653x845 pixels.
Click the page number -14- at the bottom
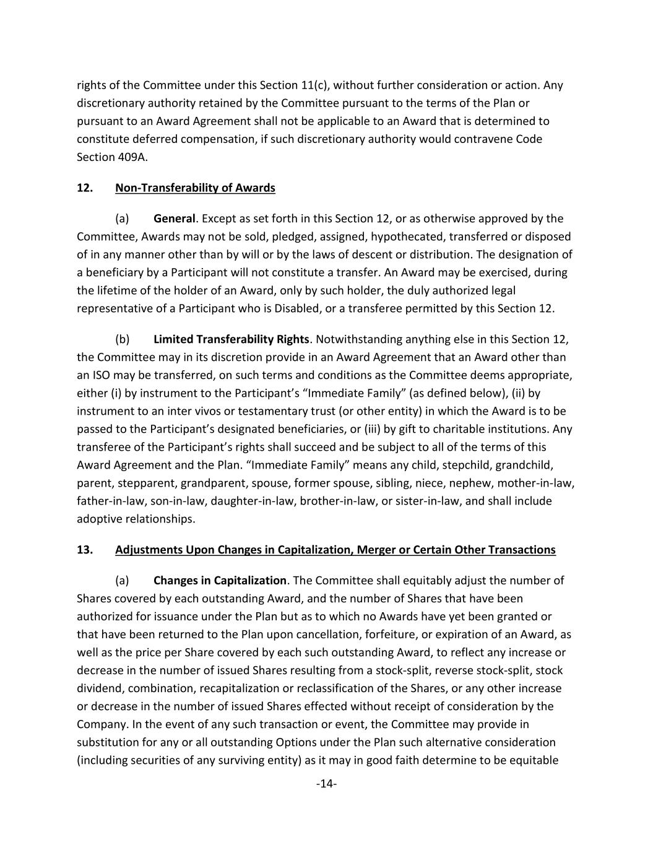pos(326,784)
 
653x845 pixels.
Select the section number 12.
pos(85,188)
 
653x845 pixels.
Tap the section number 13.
pos(85,550)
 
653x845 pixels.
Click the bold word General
pos(174,219)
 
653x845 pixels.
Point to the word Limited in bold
pos(173,339)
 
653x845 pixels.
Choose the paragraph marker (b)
pos(123,339)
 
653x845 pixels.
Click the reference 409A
pos(132,157)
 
